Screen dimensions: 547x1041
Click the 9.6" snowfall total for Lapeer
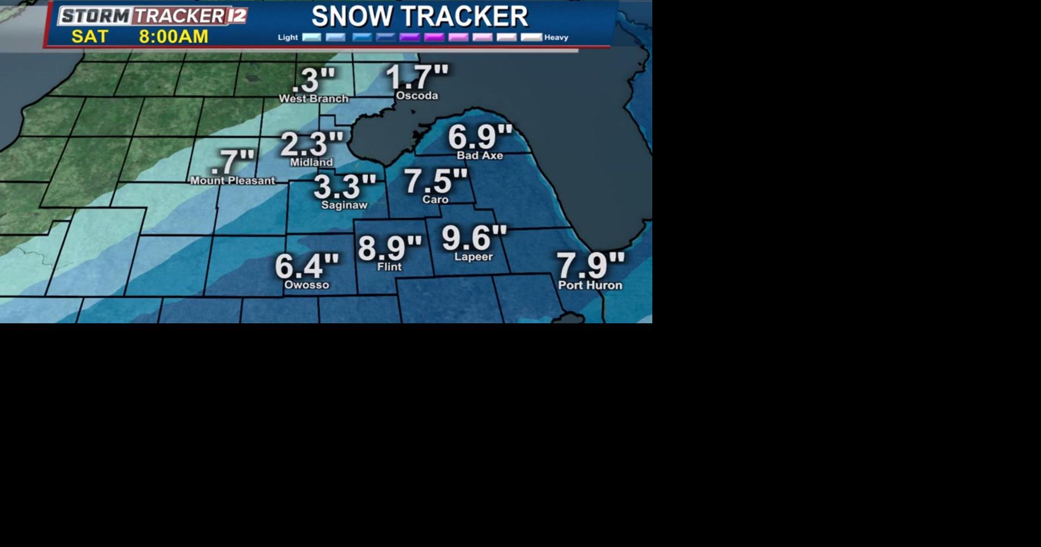click(x=473, y=238)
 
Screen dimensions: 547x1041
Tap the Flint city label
click(x=389, y=267)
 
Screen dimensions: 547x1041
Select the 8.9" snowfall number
click(x=389, y=248)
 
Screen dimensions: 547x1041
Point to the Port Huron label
click(x=590, y=285)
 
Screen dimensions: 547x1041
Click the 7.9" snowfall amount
click(x=590, y=265)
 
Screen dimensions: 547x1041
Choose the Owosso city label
click(x=307, y=285)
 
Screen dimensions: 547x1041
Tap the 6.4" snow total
click(x=307, y=266)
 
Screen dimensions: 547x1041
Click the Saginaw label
click(x=344, y=205)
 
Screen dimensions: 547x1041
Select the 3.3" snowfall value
click(x=345, y=187)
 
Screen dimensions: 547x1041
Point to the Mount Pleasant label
click(x=233, y=181)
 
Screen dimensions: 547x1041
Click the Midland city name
click(x=311, y=162)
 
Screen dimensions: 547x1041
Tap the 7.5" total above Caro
click(x=435, y=181)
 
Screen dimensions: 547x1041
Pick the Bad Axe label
click(x=479, y=156)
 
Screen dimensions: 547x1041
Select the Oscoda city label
click(x=417, y=96)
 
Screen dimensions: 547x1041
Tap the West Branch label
click(x=314, y=99)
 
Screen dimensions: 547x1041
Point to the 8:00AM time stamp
click(x=173, y=36)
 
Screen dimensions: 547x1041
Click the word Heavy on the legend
click(x=556, y=38)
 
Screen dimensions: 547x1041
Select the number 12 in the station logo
click(x=237, y=16)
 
